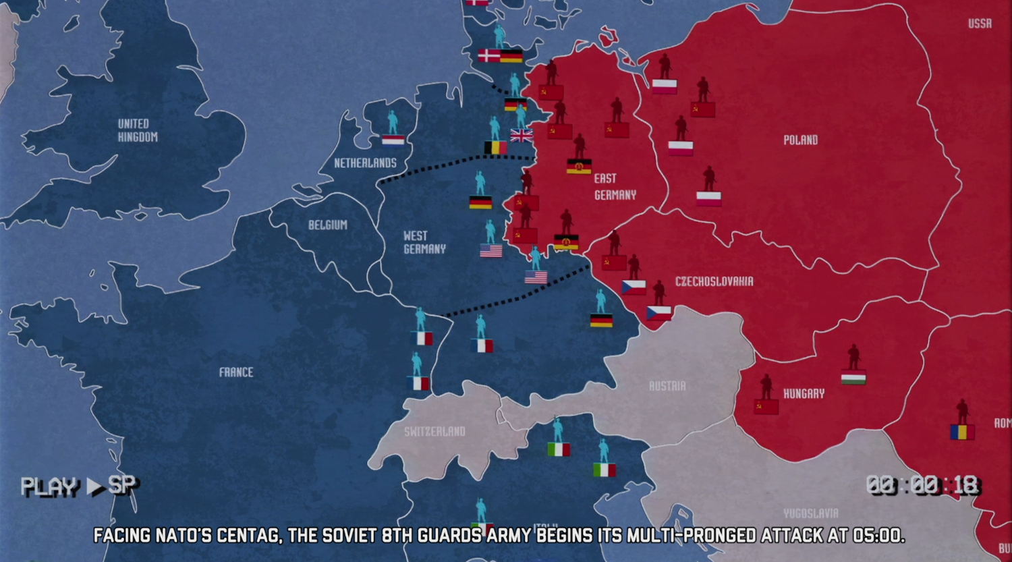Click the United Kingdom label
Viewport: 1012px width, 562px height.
[138, 130]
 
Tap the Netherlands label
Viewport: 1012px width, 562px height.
[365, 163]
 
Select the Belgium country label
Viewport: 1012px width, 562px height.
[328, 225]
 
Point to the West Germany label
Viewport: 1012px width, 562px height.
[424, 242]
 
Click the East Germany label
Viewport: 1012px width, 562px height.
[615, 187]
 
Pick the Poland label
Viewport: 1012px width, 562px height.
[800, 140]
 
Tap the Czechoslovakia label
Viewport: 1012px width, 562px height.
[714, 281]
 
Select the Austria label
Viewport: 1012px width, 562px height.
[667, 386]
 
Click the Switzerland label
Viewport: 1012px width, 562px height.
[434, 431]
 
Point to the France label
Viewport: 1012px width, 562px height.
[236, 372]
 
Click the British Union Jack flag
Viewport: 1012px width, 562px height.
[522, 136]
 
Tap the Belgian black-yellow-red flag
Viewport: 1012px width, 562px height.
[495, 147]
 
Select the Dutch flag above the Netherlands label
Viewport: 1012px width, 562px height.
[393, 140]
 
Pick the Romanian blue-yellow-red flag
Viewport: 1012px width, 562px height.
[962, 432]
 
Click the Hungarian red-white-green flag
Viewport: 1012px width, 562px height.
[853, 377]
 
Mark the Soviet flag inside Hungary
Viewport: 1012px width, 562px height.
[766, 407]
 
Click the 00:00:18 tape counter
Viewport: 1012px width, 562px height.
[922, 485]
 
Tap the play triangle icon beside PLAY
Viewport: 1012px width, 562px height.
[94, 486]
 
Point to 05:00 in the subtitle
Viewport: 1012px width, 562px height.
[877, 536]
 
